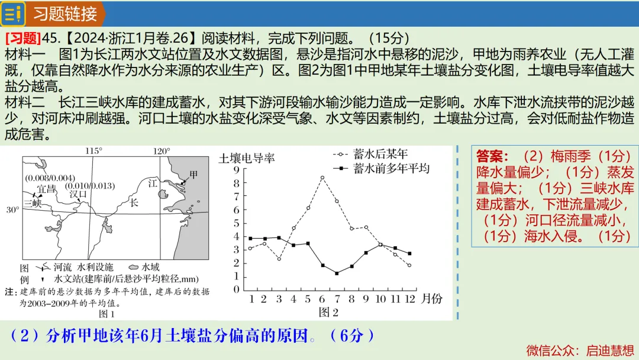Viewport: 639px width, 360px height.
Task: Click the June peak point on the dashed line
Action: [322, 178]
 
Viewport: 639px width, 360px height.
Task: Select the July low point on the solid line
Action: [337, 273]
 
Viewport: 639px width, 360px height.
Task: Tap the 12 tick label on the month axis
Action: [409, 299]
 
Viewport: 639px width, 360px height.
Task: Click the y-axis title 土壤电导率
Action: [247, 158]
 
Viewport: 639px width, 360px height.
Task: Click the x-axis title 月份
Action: [431, 298]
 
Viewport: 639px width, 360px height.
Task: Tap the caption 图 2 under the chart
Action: [328, 312]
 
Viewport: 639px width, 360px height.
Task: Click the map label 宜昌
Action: [46, 189]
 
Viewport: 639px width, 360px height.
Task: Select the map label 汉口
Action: [78, 194]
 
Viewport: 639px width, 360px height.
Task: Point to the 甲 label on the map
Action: [193, 175]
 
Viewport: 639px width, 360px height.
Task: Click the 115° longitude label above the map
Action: [93, 151]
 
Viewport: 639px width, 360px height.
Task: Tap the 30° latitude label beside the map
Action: [12, 210]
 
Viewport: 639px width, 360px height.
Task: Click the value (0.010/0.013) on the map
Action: [90, 186]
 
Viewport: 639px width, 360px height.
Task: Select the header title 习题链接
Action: [65, 14]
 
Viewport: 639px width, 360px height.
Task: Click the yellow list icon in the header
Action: [12, 14]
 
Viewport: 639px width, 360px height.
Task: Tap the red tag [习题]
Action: [23, 38]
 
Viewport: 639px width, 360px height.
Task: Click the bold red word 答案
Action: [492, 156]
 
